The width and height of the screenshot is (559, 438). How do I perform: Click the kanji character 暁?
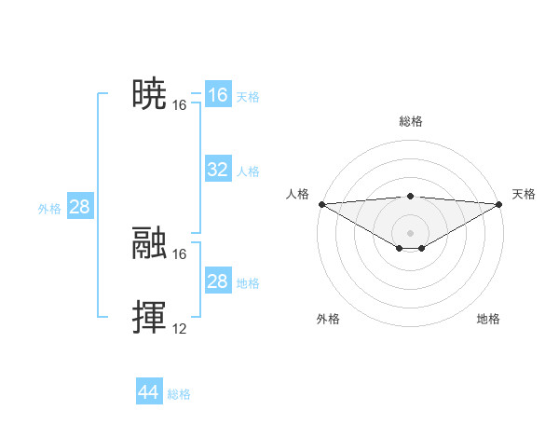coord(149,94)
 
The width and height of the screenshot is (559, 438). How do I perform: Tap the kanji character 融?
coord(149,243)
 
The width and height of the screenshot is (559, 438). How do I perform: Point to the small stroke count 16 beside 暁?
coord(180,105)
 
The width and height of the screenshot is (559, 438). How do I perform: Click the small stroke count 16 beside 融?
coord(180,253)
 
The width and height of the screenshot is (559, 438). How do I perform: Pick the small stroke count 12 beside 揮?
coord(180,329)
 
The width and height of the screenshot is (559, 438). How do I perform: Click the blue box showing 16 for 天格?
coord(217,95)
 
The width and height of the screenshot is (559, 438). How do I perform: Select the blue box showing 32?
coord(217,170)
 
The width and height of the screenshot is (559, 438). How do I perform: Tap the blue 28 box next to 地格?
coord(217,281)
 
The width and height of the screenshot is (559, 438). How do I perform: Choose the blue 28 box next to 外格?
coord(79,207)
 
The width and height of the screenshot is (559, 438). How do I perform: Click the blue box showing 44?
coord(148,392)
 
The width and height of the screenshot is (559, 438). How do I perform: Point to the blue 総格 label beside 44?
coord(179,394)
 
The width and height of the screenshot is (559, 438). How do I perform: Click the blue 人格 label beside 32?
coord(248,171)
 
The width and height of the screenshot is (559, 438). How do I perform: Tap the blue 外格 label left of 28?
coord(49,209)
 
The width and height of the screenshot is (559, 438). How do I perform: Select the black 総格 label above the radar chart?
coord(411,121)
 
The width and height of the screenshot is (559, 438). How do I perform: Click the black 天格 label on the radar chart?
coord(525,194)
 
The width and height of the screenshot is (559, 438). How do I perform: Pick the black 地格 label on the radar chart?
coord(488,320)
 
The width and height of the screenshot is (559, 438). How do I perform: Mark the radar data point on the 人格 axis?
coord(321,203)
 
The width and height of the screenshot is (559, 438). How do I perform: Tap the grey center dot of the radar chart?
coord(411,232)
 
